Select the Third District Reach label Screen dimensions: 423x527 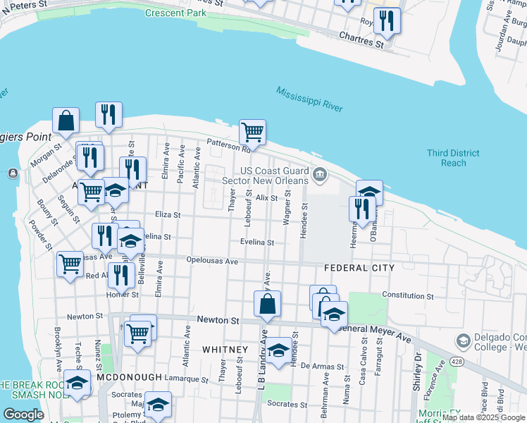tap(454, 158)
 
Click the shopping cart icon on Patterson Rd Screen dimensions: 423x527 tap(252, 132)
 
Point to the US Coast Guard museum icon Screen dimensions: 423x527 tap(320, 174)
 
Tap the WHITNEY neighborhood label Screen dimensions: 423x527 tap(225, 350)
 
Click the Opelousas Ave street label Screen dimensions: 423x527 tap(212, 261)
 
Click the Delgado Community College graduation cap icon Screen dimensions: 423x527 tap(463, 341)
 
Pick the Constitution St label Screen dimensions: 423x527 tap(407, 295)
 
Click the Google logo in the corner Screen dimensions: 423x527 tap(23, 415)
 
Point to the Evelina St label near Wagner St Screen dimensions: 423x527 tap(256, 242)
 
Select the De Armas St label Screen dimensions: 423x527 tap(321, 367)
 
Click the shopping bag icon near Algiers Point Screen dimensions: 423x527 tap(66, 122)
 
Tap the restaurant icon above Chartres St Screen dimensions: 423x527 tap(386, 21)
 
